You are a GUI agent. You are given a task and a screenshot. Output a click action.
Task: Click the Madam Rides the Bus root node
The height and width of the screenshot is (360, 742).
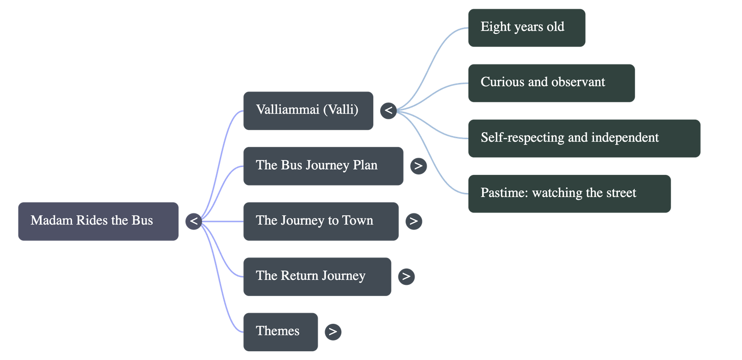pyautogui.click(x=98, y=221)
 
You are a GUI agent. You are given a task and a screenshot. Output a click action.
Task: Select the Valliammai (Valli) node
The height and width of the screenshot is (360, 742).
pyautogui.click(x=308, y=110)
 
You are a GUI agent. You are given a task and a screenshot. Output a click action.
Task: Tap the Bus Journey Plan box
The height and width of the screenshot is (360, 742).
pyautogui.click(x=323, y=166)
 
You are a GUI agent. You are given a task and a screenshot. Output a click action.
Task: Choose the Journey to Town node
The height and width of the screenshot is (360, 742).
pyautogui.click(x=320, y=221)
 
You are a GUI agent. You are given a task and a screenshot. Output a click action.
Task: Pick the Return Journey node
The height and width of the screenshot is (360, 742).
pyautogui.click(x=317, y=276)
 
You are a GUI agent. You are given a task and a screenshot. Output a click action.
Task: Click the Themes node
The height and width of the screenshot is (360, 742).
pyautogui.click(x=281, y=331)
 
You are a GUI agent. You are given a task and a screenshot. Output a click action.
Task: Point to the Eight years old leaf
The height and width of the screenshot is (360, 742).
pyautogui.click(x=526, y=27)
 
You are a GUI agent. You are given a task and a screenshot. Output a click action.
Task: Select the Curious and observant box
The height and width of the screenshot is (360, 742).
pyautogui.click(x=551, y=83)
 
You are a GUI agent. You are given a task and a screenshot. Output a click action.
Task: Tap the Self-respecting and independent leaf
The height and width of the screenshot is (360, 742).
pyautogui.click(x=584, y=138)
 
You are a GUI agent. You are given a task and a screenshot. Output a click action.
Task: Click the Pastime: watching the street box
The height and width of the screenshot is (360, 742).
pyautogui.click(x=569, y=193)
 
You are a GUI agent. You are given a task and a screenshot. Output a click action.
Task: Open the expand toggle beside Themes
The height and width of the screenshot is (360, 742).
pyautogui.click(x=333, y=331)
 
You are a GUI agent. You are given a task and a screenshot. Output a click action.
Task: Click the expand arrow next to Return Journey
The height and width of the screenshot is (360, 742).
pyautogui.click(x=406, y=276)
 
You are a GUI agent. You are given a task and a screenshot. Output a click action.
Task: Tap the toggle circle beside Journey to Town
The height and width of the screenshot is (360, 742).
pyautogui.click(x=414, y=221)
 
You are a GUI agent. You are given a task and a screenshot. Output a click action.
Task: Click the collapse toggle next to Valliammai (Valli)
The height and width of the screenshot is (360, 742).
pyautogui.click(x=389, y=110)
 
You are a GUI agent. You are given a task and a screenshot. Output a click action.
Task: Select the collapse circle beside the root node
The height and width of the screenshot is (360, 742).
pyautogui.click(x=194, y=221)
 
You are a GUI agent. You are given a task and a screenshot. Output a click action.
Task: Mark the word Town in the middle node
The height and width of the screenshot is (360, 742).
pyautogui.click(x=358, y=221)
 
